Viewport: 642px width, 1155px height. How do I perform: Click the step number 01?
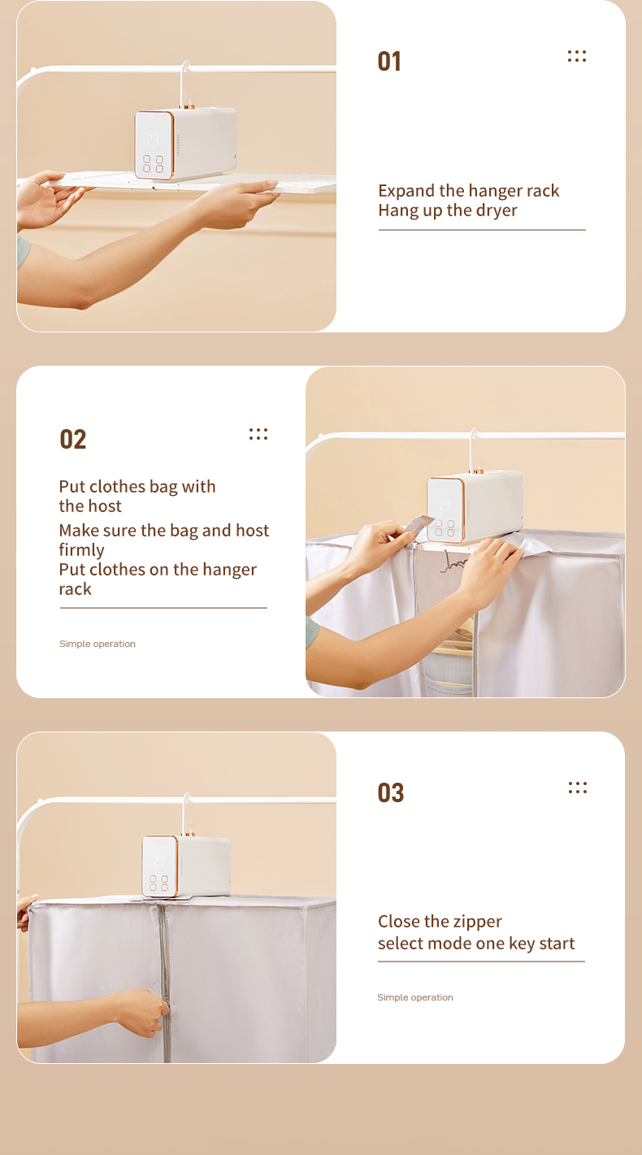(388, 61)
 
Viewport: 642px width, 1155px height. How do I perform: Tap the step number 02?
(72, 439)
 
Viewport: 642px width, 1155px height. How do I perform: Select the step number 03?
(390, 792)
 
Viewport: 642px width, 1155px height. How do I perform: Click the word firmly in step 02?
(81, 550)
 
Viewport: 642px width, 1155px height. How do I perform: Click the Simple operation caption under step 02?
(98, 644)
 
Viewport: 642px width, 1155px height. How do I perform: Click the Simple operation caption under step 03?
(415, 997)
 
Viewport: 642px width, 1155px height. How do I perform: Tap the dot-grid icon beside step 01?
(576, 56)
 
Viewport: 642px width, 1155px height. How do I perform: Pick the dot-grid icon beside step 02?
(258, 434)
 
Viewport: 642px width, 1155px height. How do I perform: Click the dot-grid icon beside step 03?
(578, 788)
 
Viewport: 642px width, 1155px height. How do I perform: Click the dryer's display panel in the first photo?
(154, 145)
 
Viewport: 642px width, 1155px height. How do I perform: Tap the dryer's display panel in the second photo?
(445, 510)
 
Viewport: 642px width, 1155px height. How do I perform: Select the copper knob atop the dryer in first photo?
(189, 106)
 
